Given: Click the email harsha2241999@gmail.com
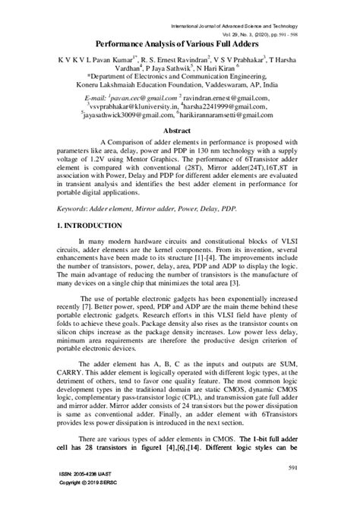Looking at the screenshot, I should [243, 108].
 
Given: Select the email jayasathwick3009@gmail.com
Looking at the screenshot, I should [128, 116].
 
